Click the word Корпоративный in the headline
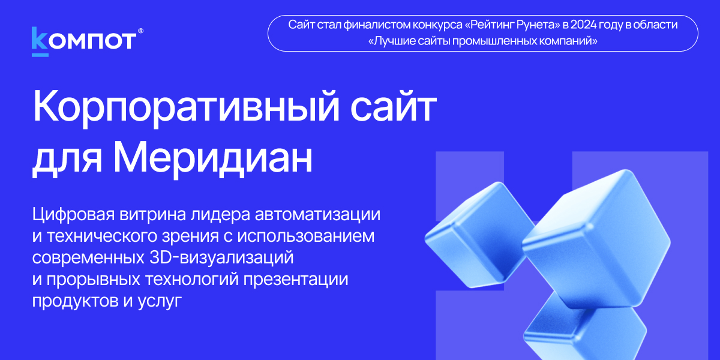pos(186,107)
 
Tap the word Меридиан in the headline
pos(213,159)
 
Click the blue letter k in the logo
pos(40,38)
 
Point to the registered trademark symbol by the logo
pos(140,31)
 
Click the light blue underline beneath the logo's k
pos(40,55)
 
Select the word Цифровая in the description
pos(74,215)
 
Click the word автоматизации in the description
pos(317,214)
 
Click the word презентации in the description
pos(295,280)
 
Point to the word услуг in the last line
pos(160,301)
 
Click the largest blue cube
pos(596,239)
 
